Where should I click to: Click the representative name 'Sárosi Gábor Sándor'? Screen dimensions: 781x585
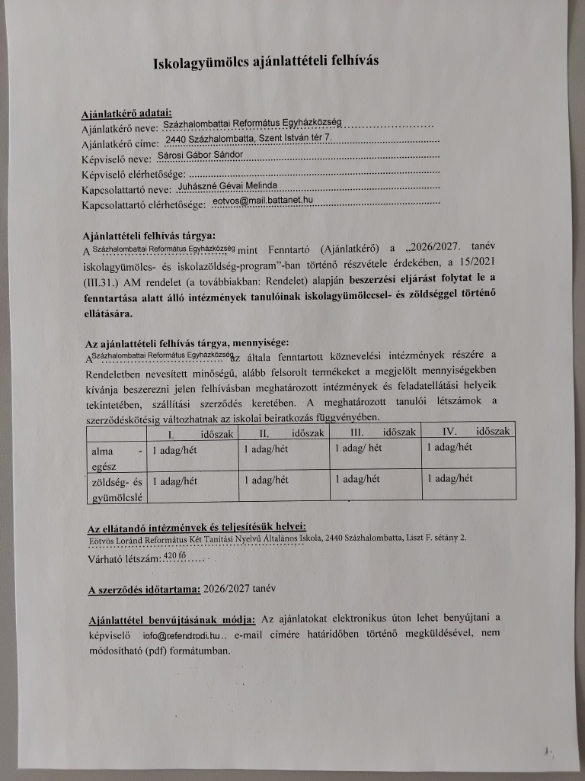[200, 155]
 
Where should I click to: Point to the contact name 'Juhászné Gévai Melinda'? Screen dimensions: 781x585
[220, 185]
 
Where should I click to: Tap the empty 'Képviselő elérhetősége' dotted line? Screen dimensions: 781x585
[297, 175]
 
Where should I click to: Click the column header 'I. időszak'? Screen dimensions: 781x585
[190, 432]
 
